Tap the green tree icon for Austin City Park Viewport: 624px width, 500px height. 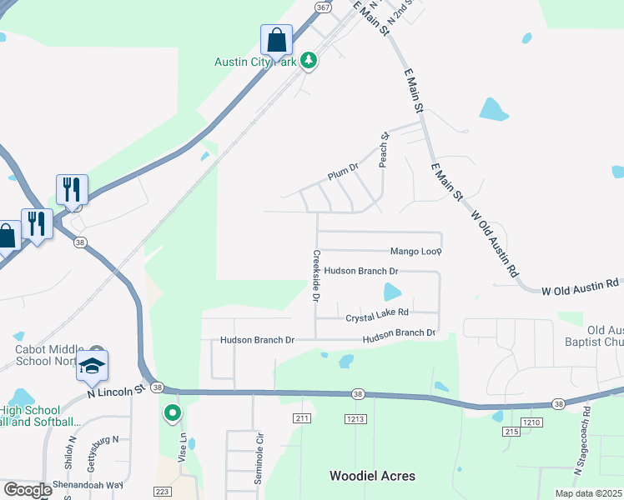point(309,60)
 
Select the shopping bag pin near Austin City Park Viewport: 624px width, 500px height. point(276,40)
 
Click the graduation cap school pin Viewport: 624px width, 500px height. point(92,366)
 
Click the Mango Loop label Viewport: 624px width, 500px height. point(415,251)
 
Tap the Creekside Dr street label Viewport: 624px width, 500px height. point(316,276)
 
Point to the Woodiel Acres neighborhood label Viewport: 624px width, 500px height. point(372,476)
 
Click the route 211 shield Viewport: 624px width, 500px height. point(302,417)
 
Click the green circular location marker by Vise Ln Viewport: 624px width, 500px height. point(172,412)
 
